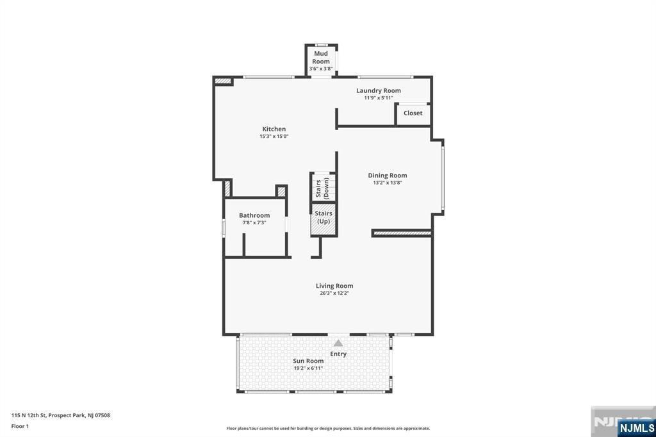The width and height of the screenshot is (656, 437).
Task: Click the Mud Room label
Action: [321, 58]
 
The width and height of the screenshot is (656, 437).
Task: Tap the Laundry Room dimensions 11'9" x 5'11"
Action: [378, 98]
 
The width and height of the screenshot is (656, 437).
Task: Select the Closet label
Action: [413, 113]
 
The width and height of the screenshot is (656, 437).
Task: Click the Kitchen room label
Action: [274, 129]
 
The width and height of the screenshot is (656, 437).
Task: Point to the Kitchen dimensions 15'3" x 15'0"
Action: [274, 136]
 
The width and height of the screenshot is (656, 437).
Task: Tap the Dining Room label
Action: [387, 176]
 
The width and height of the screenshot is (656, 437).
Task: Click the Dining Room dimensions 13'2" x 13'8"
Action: [387, 183]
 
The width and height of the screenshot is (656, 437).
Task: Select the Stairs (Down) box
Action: [322, 188]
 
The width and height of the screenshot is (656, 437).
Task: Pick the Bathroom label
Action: [254, 215]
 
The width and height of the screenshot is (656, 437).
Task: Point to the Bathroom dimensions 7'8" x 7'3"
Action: [254, 222]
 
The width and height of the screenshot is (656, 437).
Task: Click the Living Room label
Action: [334, 286]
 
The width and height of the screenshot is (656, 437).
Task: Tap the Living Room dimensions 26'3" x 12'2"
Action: [334, 293]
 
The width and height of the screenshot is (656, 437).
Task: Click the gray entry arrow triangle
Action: [338, 343]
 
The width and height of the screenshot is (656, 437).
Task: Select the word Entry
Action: [338, 354]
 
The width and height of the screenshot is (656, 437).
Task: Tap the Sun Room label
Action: [308, 361]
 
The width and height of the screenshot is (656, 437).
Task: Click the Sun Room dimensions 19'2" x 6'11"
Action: [308, 368]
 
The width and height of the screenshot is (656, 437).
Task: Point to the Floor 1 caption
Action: [20, 425]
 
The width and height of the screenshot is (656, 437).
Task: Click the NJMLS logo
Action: [636, 427]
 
